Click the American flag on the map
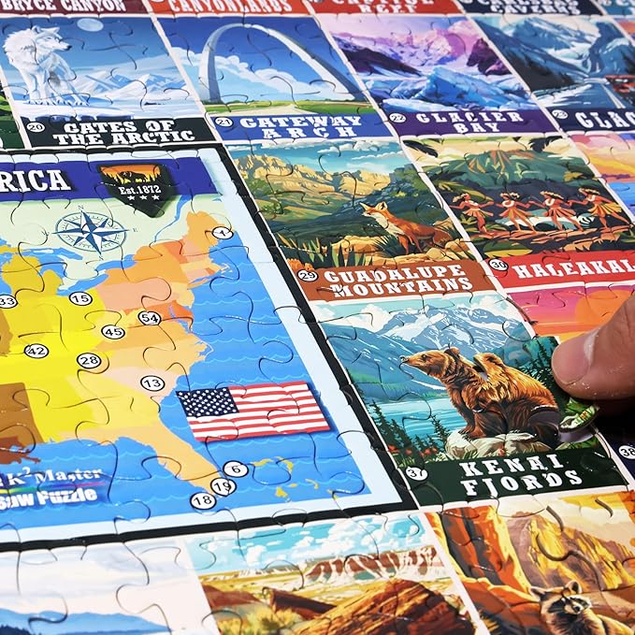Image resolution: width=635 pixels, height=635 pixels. (x=253, y=411)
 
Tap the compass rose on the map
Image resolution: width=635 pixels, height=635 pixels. (x=91, y=230)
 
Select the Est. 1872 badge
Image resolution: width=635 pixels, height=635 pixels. (x=137, y=187)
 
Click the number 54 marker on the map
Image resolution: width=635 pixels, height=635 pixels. (x=150, y=318)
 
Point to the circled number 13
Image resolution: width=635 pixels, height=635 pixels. (x=152, y=382)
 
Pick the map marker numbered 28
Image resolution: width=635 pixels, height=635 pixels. (x=89, y=361)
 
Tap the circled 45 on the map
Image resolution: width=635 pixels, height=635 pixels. (x=113, y=332)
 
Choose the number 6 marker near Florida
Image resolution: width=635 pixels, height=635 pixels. (x=237, y=469)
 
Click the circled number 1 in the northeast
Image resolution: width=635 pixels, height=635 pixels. (x=222, y=233)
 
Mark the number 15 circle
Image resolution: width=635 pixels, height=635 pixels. (x=80, y=298)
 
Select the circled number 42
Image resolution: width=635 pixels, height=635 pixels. (x=36, y=351)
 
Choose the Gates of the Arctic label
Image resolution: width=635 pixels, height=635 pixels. (x=119, y=132)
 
